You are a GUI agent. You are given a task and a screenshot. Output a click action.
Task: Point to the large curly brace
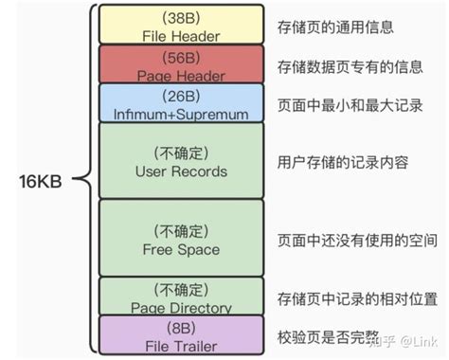(x=83, y=179)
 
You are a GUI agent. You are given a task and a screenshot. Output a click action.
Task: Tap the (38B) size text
(x=180, y=18)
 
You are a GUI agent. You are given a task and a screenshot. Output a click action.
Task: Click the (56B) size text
(x=180, y=57)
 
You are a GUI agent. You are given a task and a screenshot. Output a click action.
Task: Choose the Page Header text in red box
(x=180, y=74)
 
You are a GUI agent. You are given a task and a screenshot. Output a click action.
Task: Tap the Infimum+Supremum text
(x=180, y=114)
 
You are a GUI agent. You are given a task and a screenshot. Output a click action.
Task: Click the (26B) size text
(x=180, y=97)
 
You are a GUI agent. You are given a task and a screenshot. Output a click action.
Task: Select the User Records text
(x=180, y=171)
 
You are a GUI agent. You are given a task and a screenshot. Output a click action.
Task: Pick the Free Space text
(x=180, y=249)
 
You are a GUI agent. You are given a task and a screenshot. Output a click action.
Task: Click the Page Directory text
(x=180, y=307)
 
